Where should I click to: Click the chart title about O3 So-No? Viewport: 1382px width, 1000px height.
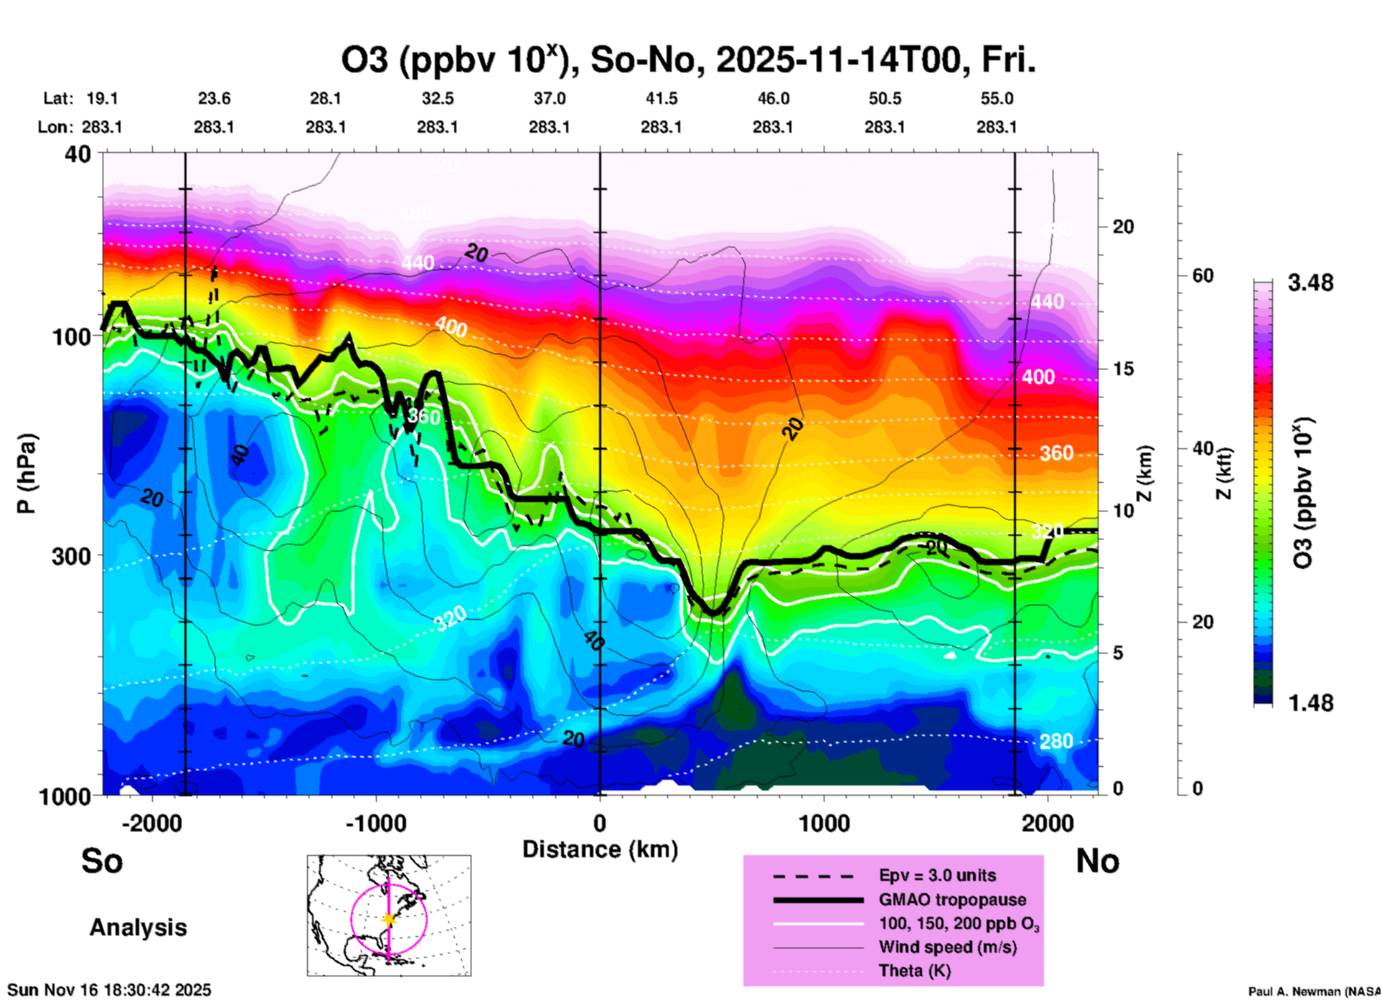tap(687, 60)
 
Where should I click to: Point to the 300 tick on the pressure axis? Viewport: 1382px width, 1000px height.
tap(71, 556)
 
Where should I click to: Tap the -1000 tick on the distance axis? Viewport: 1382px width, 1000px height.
tap(375, 823)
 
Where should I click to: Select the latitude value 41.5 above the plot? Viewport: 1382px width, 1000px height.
tap(661, 99)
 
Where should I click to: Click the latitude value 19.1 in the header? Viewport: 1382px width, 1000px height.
tap(102, 99)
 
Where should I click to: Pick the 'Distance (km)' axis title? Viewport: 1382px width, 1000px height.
tap(600, 849)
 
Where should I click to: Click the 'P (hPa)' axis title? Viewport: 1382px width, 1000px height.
tap(27, 473)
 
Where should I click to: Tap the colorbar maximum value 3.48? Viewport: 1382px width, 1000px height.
tap(1310, 283)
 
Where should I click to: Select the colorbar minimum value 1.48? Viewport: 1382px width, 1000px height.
tap(1310, 702)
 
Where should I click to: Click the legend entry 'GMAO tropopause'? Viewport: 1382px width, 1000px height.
tap(952, 900)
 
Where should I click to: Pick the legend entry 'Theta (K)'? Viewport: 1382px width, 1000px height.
tap(914, 971)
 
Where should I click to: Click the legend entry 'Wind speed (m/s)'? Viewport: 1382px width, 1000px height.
tap(947, 947)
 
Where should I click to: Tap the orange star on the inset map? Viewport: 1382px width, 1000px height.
tap(389, 919)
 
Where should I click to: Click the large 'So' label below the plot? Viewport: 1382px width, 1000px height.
tap(102, 861)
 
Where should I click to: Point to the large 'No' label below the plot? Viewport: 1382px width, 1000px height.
tap(1097, 861)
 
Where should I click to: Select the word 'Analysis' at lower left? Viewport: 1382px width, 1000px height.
tap(138, 928)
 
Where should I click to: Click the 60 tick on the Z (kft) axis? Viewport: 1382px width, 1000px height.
tap(1203, 276)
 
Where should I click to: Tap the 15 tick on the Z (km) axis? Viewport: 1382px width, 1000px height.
tap(1123, 369)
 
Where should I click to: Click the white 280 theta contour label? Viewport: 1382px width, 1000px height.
tap(1056, 741)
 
